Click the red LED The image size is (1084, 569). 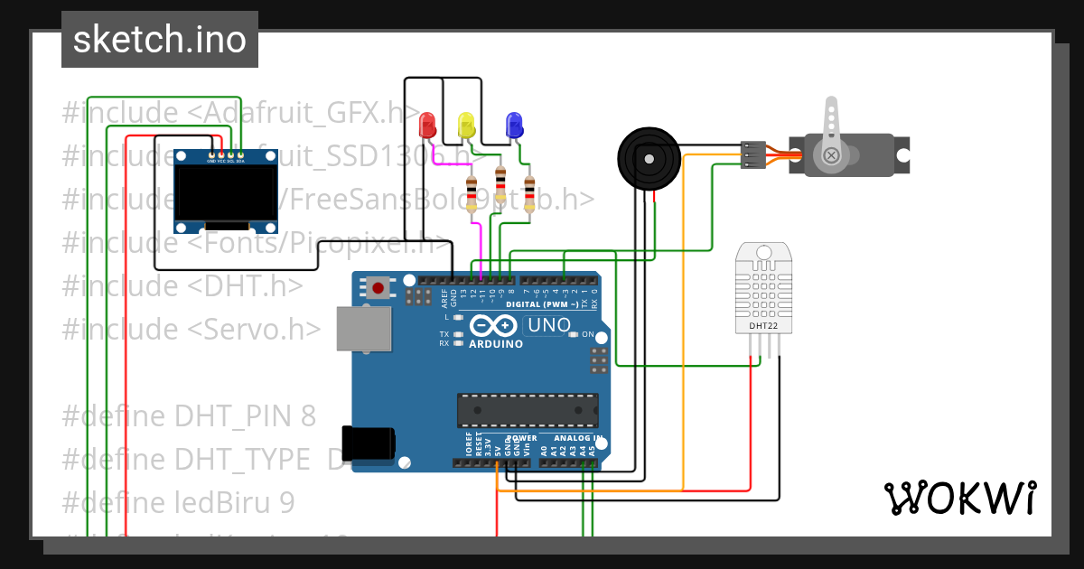(x=428, y=124)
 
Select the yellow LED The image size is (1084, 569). (x=466, y=125)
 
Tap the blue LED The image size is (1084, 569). (x=514, y=124)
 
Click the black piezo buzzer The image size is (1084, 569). (x=648, y=158)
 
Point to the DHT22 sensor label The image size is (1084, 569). (x=764, y=325)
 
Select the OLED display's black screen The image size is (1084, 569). (x=225, y=192)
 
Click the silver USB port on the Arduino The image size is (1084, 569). (x=364, y=328)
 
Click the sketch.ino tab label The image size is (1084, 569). (x=160, y=40)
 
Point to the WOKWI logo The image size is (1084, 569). (x=959, y=498)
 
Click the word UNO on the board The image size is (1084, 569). (x=549, y=325)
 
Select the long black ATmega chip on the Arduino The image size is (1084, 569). (x=527, y=409)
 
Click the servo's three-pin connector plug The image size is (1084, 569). (x=752, y=154)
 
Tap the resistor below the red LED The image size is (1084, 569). (x=471, y=194)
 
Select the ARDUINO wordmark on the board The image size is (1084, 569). (x=496, y=344)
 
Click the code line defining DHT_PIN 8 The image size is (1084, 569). (x=190, y=415)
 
